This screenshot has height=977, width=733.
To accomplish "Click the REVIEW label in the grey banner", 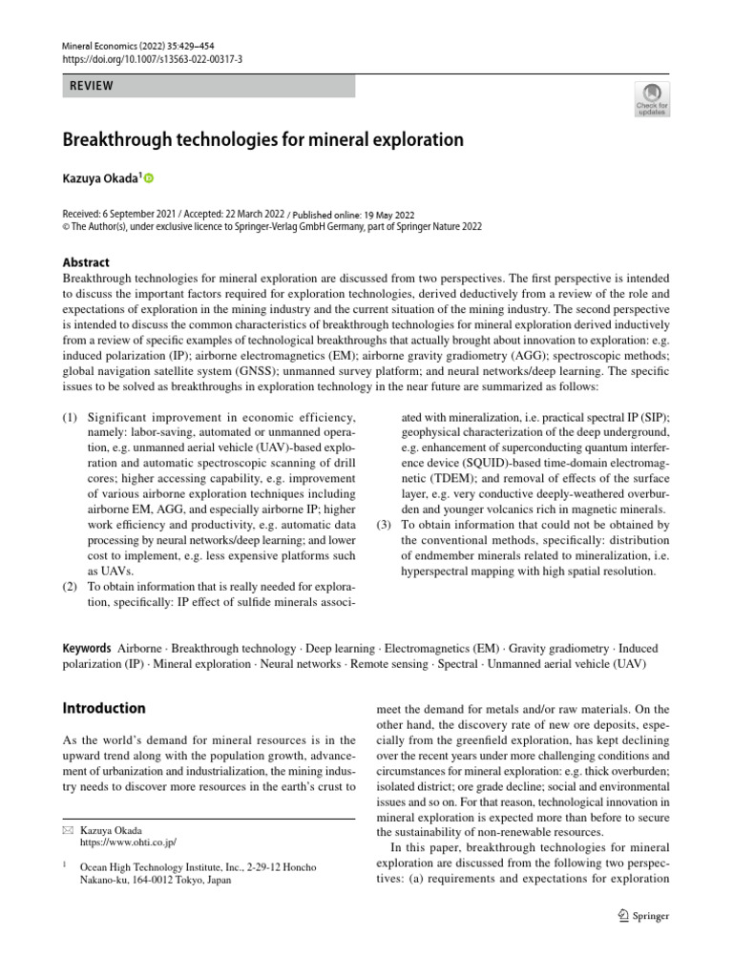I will (93, 86).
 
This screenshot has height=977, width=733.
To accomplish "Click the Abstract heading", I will (86, 262).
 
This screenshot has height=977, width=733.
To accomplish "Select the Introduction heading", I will (104, 708).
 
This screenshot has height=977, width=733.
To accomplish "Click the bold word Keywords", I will (87, 649).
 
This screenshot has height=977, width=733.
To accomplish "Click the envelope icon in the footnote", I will (67, 830).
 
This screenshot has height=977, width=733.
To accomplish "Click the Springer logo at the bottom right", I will (642, 916).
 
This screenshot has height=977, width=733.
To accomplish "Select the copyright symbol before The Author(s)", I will (66, 227).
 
